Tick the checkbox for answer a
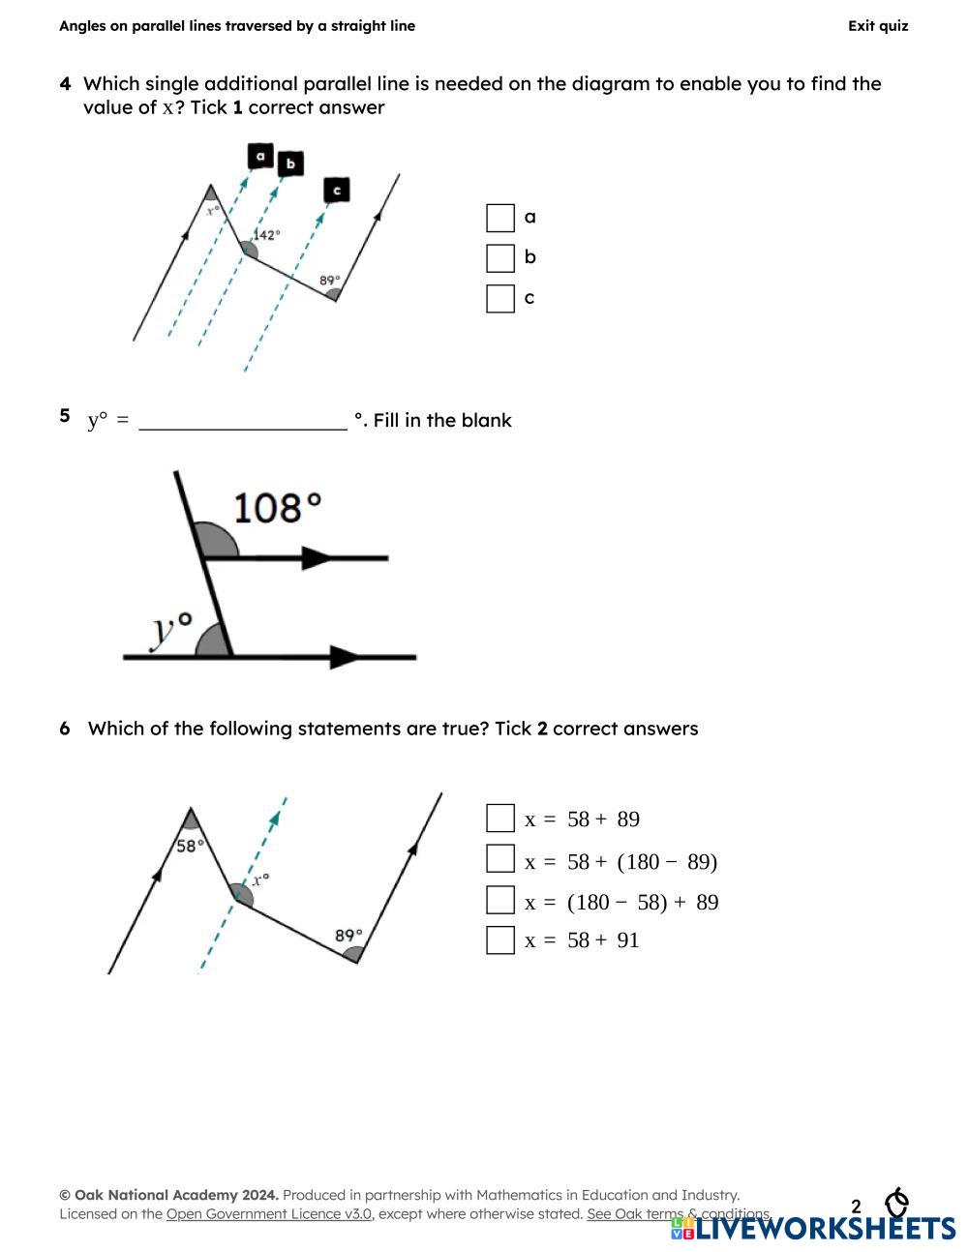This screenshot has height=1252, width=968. click(x=499, y=218)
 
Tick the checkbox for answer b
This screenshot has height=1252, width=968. click(x=499, y=258)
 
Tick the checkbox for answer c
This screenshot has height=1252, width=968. click(x=499, y=299)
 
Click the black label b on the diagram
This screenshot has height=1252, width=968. click(x=290, y=164)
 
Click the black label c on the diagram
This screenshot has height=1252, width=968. click(x=336, y=190)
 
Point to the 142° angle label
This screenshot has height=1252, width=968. click(x=267, y=234)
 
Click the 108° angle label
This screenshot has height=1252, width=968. click(x=277, y=506)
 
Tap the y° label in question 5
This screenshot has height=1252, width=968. click(x=171, y=628)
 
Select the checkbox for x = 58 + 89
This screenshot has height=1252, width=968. click(x=499, y=819)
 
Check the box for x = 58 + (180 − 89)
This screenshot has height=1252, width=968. click(x=499, y=859)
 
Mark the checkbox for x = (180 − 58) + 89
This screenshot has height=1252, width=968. click(x=499, y=900)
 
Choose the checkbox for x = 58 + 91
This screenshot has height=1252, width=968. click(x=499, y=939)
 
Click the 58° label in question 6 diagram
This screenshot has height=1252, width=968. click(x=190, y=846)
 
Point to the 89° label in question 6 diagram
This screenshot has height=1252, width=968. click(x=348, y=936)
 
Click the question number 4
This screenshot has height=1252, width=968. click(x=65, y=84)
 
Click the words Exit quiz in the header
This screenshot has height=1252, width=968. click(x=878, y=26)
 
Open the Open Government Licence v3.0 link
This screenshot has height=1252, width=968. click(x=269, y=1213)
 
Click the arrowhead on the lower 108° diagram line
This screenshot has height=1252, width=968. click(x=345, y=657)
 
